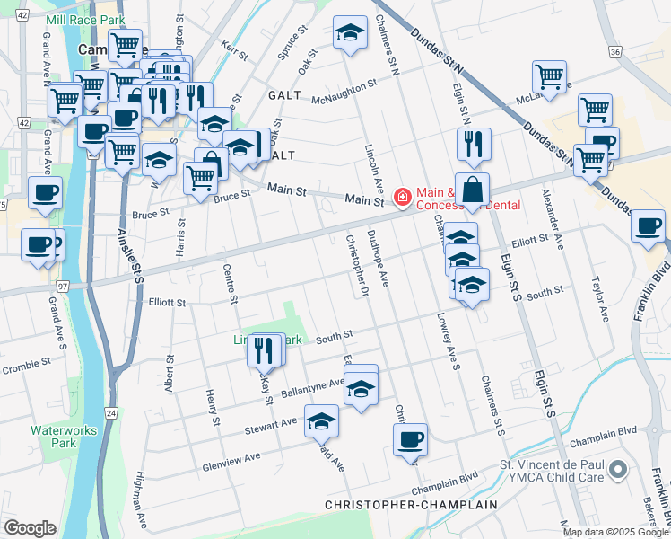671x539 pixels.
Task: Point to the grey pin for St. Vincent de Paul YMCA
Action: click(x=616, y=469)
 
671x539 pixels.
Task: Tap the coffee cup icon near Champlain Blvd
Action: click(x=411, y=440)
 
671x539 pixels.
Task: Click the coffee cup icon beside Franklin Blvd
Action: click(x=648, y=226)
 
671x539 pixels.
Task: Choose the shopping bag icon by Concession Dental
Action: click(x=472, y=190)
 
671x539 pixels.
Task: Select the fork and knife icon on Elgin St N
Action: click(x=474, y=144)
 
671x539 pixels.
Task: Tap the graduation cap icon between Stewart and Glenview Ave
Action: click(x=322, y=420)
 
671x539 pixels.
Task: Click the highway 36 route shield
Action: click(x=614, y=52)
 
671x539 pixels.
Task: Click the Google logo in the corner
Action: click(x=30, y=527)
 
